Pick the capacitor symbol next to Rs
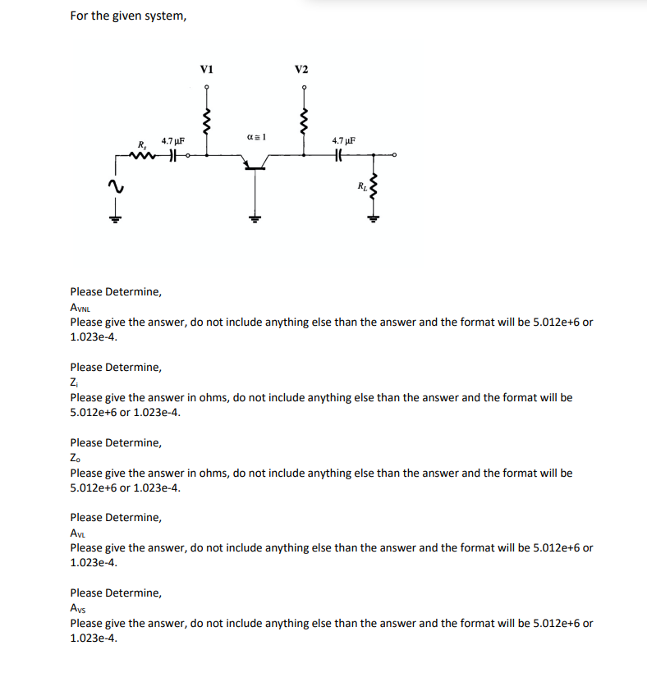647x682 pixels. point(172,155)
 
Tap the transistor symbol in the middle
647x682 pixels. point(255,164)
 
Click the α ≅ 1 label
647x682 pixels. point(255,135)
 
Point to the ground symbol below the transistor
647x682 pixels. point(255,217)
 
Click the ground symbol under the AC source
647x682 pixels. point(117,217)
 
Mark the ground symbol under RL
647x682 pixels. point(375,217)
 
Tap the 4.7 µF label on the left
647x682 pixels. point(172,141)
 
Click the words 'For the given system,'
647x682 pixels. point(128,16)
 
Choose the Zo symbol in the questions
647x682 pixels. point(76,458)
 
